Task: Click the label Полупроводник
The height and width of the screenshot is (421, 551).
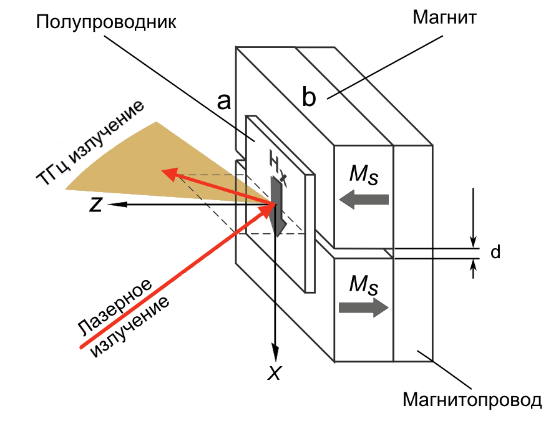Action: point(107,23)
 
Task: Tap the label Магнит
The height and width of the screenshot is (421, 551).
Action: point(444,17)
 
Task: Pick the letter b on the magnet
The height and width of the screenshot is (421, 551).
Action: point(309,98)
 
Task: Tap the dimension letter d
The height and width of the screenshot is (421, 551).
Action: point(495,253)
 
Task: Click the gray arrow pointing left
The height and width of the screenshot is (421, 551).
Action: point(364,200)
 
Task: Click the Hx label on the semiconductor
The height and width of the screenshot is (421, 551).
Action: point(276,165)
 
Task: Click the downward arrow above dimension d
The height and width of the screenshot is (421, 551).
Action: point(474,240)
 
